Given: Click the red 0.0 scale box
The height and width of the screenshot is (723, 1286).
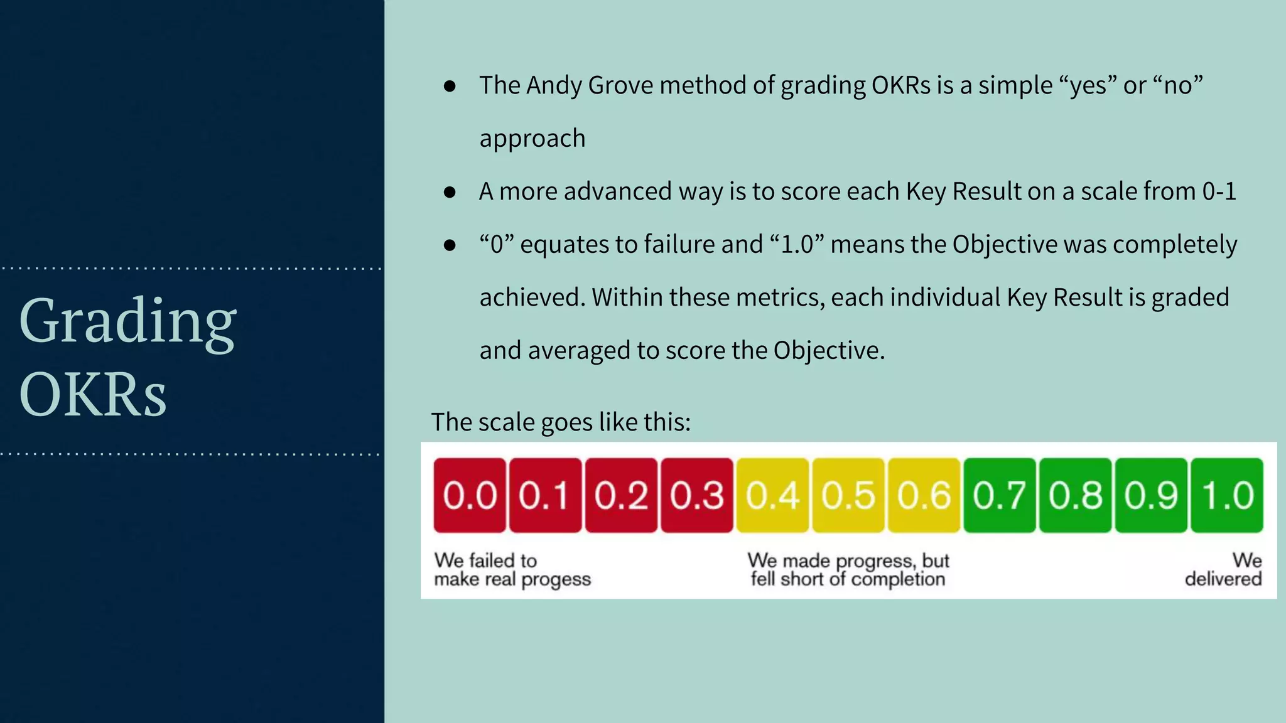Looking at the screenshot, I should coord(470,495).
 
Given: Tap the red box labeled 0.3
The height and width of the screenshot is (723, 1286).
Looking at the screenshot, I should coord(696,495).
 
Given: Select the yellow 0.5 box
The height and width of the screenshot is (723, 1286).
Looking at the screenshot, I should coord(848,495).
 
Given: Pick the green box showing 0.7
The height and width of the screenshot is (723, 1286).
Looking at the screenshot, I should coord(999,495).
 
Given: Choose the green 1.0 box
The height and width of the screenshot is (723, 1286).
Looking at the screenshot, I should coord(1227,495).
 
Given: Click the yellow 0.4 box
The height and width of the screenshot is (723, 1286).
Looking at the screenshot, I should coord(772,495).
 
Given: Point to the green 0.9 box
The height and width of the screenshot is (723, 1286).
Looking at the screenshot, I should coord(1150,495).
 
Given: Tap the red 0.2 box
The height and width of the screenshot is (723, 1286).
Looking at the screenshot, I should coord(621,495).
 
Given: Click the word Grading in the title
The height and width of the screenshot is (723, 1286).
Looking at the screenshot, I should coord(128,321).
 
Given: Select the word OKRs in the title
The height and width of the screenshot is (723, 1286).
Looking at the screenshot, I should coord(93,394).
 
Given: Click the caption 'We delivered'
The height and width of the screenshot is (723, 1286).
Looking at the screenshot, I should coord(1224,569).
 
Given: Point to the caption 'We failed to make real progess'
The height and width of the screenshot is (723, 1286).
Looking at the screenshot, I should coord(512,569).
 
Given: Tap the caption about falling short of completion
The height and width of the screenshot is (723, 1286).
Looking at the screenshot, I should coord(848,569).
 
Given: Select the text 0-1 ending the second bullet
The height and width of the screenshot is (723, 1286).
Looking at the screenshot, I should coord(1218,191).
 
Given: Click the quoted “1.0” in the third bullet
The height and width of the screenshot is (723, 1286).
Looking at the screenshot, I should coord(796,244).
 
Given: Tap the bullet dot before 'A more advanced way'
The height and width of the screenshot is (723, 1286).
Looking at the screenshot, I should coord(450,192).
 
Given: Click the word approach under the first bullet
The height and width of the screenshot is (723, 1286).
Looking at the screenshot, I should coord(532,139).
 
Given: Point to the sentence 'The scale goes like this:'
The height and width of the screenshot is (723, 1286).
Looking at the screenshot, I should coord(560,422).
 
